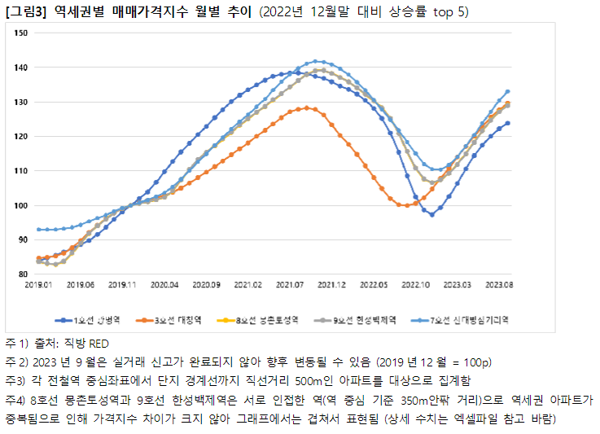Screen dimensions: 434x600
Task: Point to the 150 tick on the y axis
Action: click(x=22, y=33)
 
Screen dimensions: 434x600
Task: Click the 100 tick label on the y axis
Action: click(x=22, y=205)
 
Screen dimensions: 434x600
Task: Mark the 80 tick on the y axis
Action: click(x=23, y=274)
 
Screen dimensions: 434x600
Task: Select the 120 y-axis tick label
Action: click(x=22, y=137)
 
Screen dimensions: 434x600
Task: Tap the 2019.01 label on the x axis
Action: click(x=37, y=286)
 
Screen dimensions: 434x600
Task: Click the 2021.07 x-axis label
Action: click(x=290, y=286)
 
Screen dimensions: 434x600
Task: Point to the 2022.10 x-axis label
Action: click(x=416, y=286)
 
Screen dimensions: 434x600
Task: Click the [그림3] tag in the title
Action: click(x=25, y=12)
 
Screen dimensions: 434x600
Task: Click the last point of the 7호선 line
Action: click(x=508, y=92)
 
